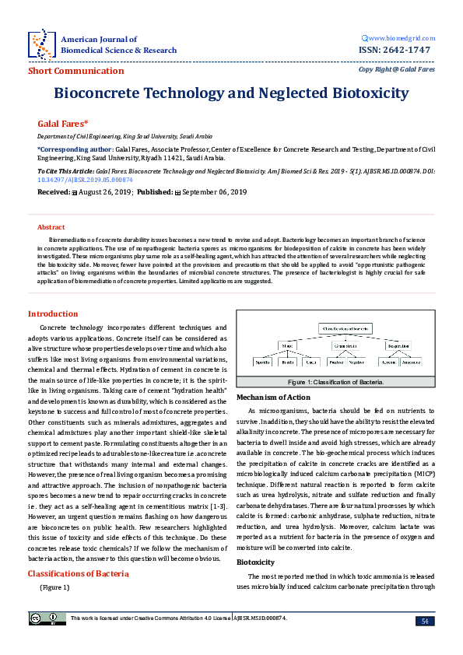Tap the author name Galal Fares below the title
click(x=63, y=124)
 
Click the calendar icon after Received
click(x=74, y=191)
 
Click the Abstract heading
click(x=52, y=226)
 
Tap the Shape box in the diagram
click(x=286, y=346)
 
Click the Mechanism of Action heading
click(x=273, y=398)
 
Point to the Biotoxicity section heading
click(x=257, y=539)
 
